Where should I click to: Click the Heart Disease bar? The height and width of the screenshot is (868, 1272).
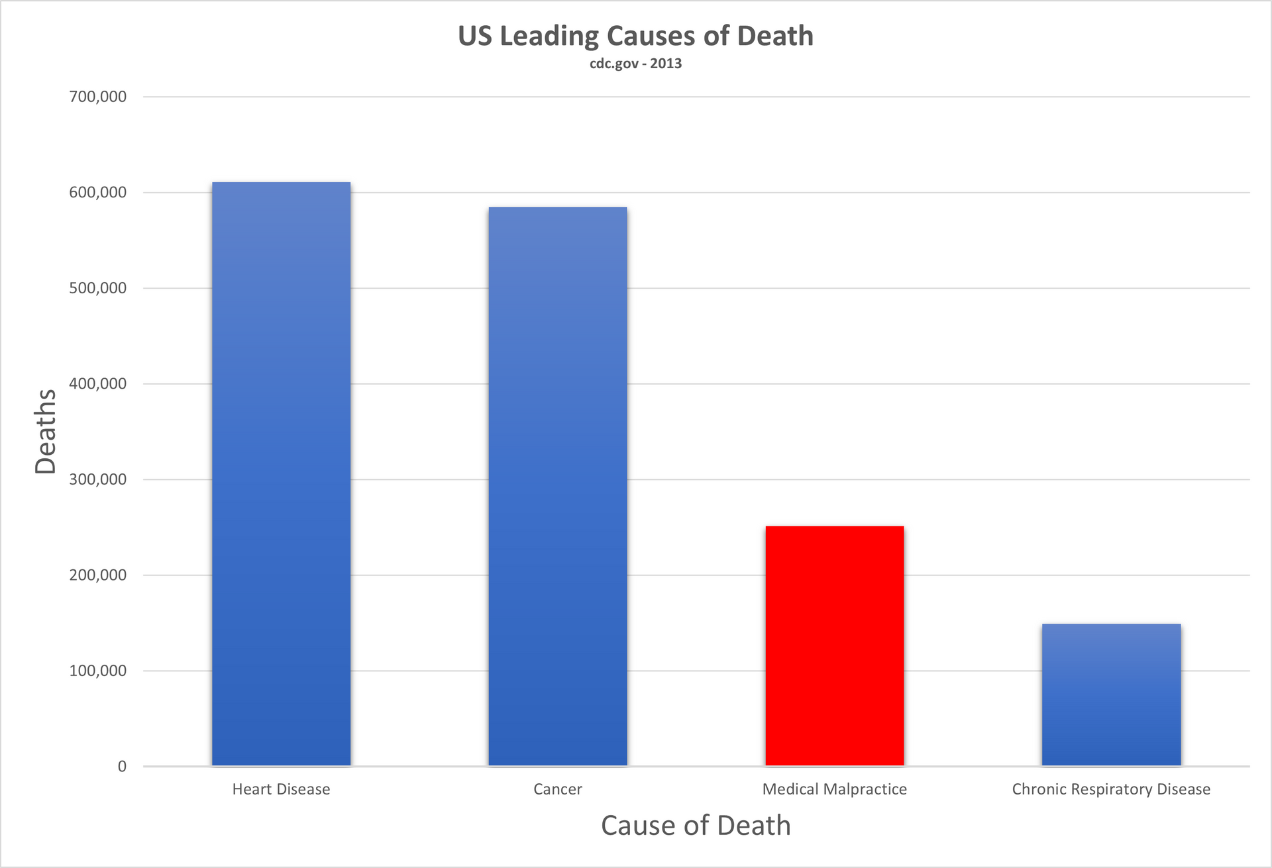point(281,473)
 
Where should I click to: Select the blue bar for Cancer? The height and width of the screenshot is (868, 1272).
point(558,487)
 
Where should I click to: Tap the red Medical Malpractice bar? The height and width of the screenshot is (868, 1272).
point(835,646)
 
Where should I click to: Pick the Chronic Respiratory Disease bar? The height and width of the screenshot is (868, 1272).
point(1111,695)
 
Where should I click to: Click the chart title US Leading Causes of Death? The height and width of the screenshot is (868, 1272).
point(635,36)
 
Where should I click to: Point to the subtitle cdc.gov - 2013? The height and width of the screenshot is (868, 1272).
point(635,64)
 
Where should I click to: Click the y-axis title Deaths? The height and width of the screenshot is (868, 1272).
point(46,431)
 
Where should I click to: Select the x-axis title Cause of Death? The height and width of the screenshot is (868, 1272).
point(696,826)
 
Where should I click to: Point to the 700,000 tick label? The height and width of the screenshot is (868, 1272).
point(97,97)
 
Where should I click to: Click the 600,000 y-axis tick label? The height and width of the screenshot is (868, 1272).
point(97,193)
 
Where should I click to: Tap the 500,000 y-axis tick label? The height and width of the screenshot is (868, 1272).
point(97,288)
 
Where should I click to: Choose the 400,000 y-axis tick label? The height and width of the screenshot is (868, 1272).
point(97,384)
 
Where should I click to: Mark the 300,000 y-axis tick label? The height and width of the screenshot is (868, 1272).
point(97,479)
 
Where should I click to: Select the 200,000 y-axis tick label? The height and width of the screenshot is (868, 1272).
point(97,575)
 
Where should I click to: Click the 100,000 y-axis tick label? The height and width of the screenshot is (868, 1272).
point(97,671)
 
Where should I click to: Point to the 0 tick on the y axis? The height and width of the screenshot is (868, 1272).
point(122,767)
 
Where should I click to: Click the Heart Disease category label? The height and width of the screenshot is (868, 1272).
point(281,789)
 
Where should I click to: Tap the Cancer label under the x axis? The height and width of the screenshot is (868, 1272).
point(558,789)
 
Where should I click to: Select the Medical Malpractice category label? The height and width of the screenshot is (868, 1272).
point(835,789)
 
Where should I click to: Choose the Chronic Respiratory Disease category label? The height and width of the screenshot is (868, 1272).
point(1111,789)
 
